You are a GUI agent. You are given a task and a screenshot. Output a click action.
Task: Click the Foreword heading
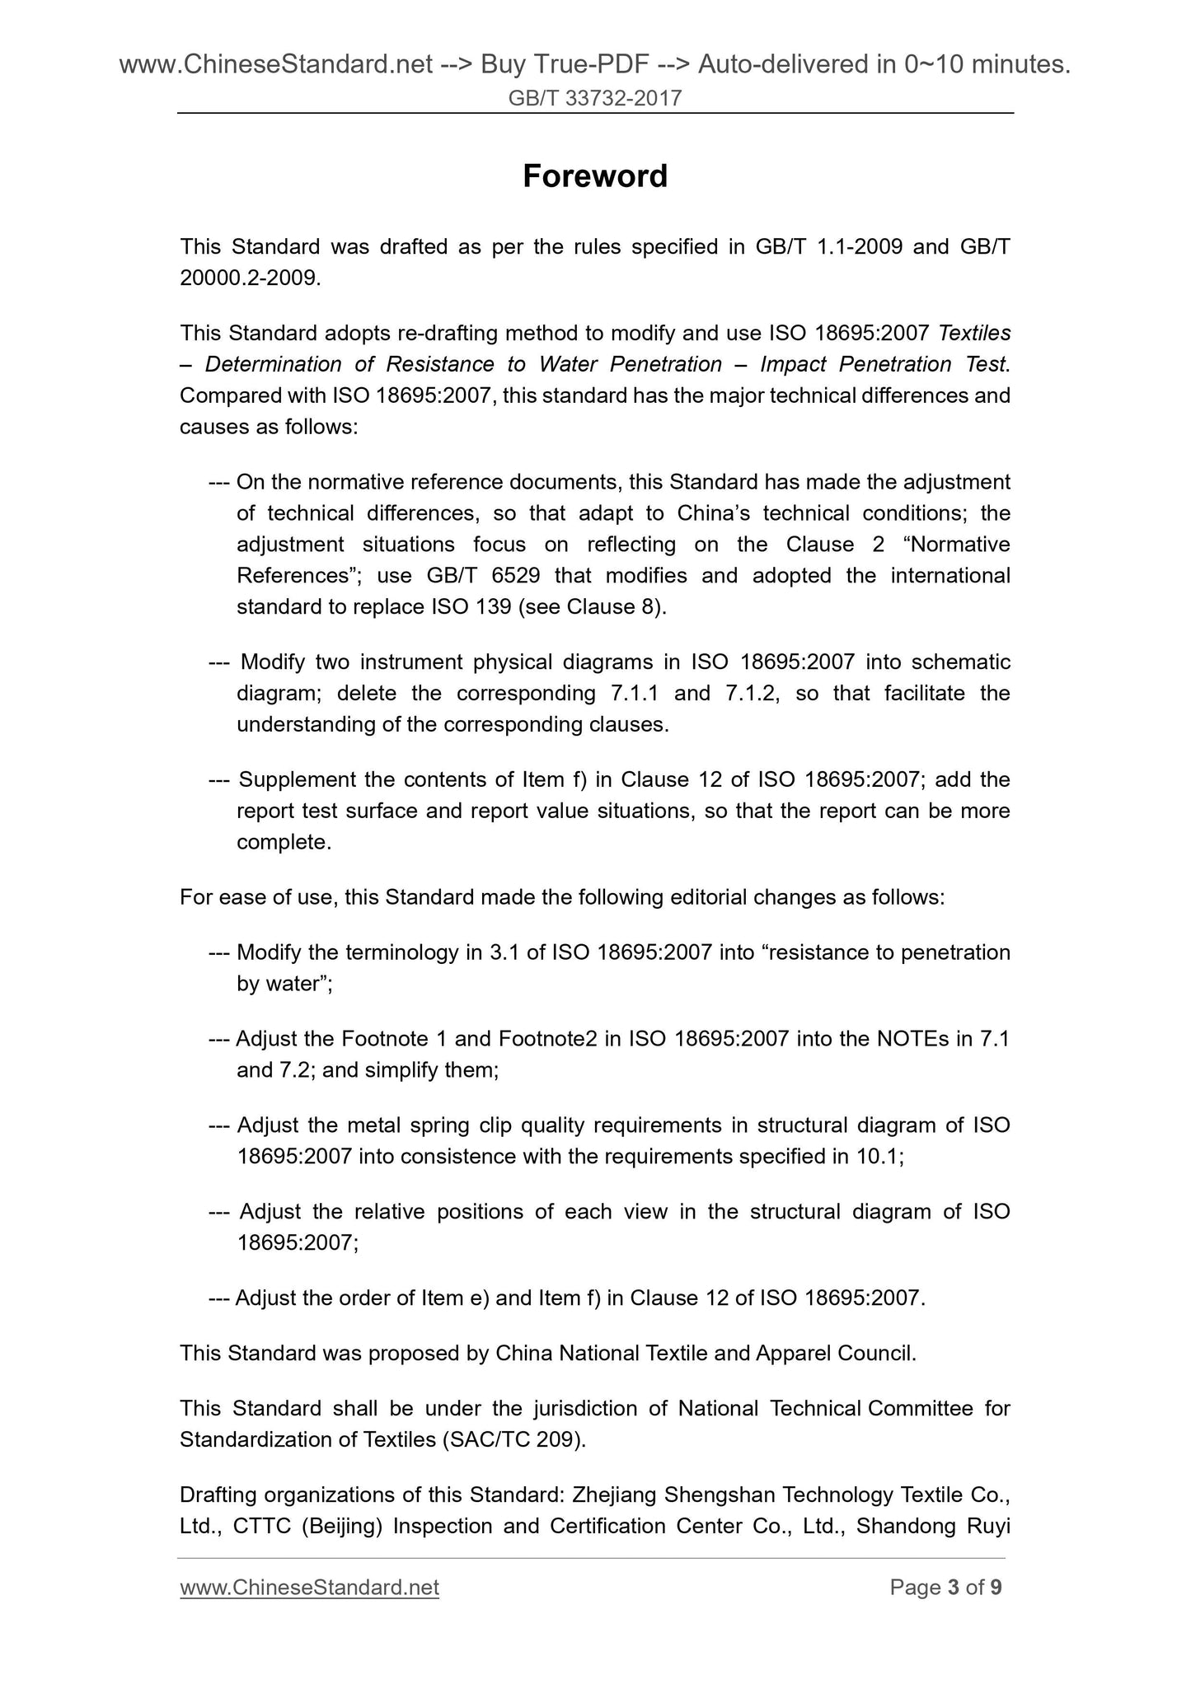pyautogui.click(x=595, y=176)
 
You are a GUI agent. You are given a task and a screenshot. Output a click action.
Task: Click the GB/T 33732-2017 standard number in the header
pyautogui.click(x=595, y=99)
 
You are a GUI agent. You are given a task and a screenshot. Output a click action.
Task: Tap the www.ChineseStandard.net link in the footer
pyautogui.click(x=309, y=1587)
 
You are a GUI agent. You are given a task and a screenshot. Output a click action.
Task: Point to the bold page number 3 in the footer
pyautogui.click(x=954, y=1587)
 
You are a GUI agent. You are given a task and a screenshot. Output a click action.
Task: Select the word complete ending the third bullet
pyautogui.click(x=283, y=842)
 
